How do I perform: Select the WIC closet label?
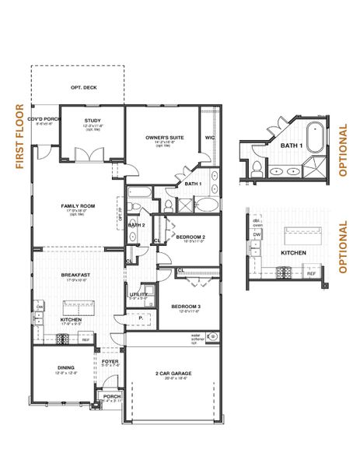[208, 138]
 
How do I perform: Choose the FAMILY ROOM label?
[78, 206]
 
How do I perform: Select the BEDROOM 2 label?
[190, 237]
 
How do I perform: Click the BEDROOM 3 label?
[186, 306]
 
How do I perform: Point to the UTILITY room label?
[138, 295]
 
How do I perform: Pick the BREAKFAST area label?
[77, 275]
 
